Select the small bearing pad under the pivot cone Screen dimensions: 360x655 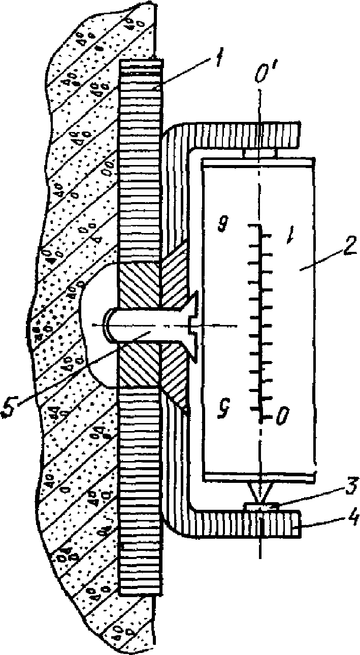point(260,506)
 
